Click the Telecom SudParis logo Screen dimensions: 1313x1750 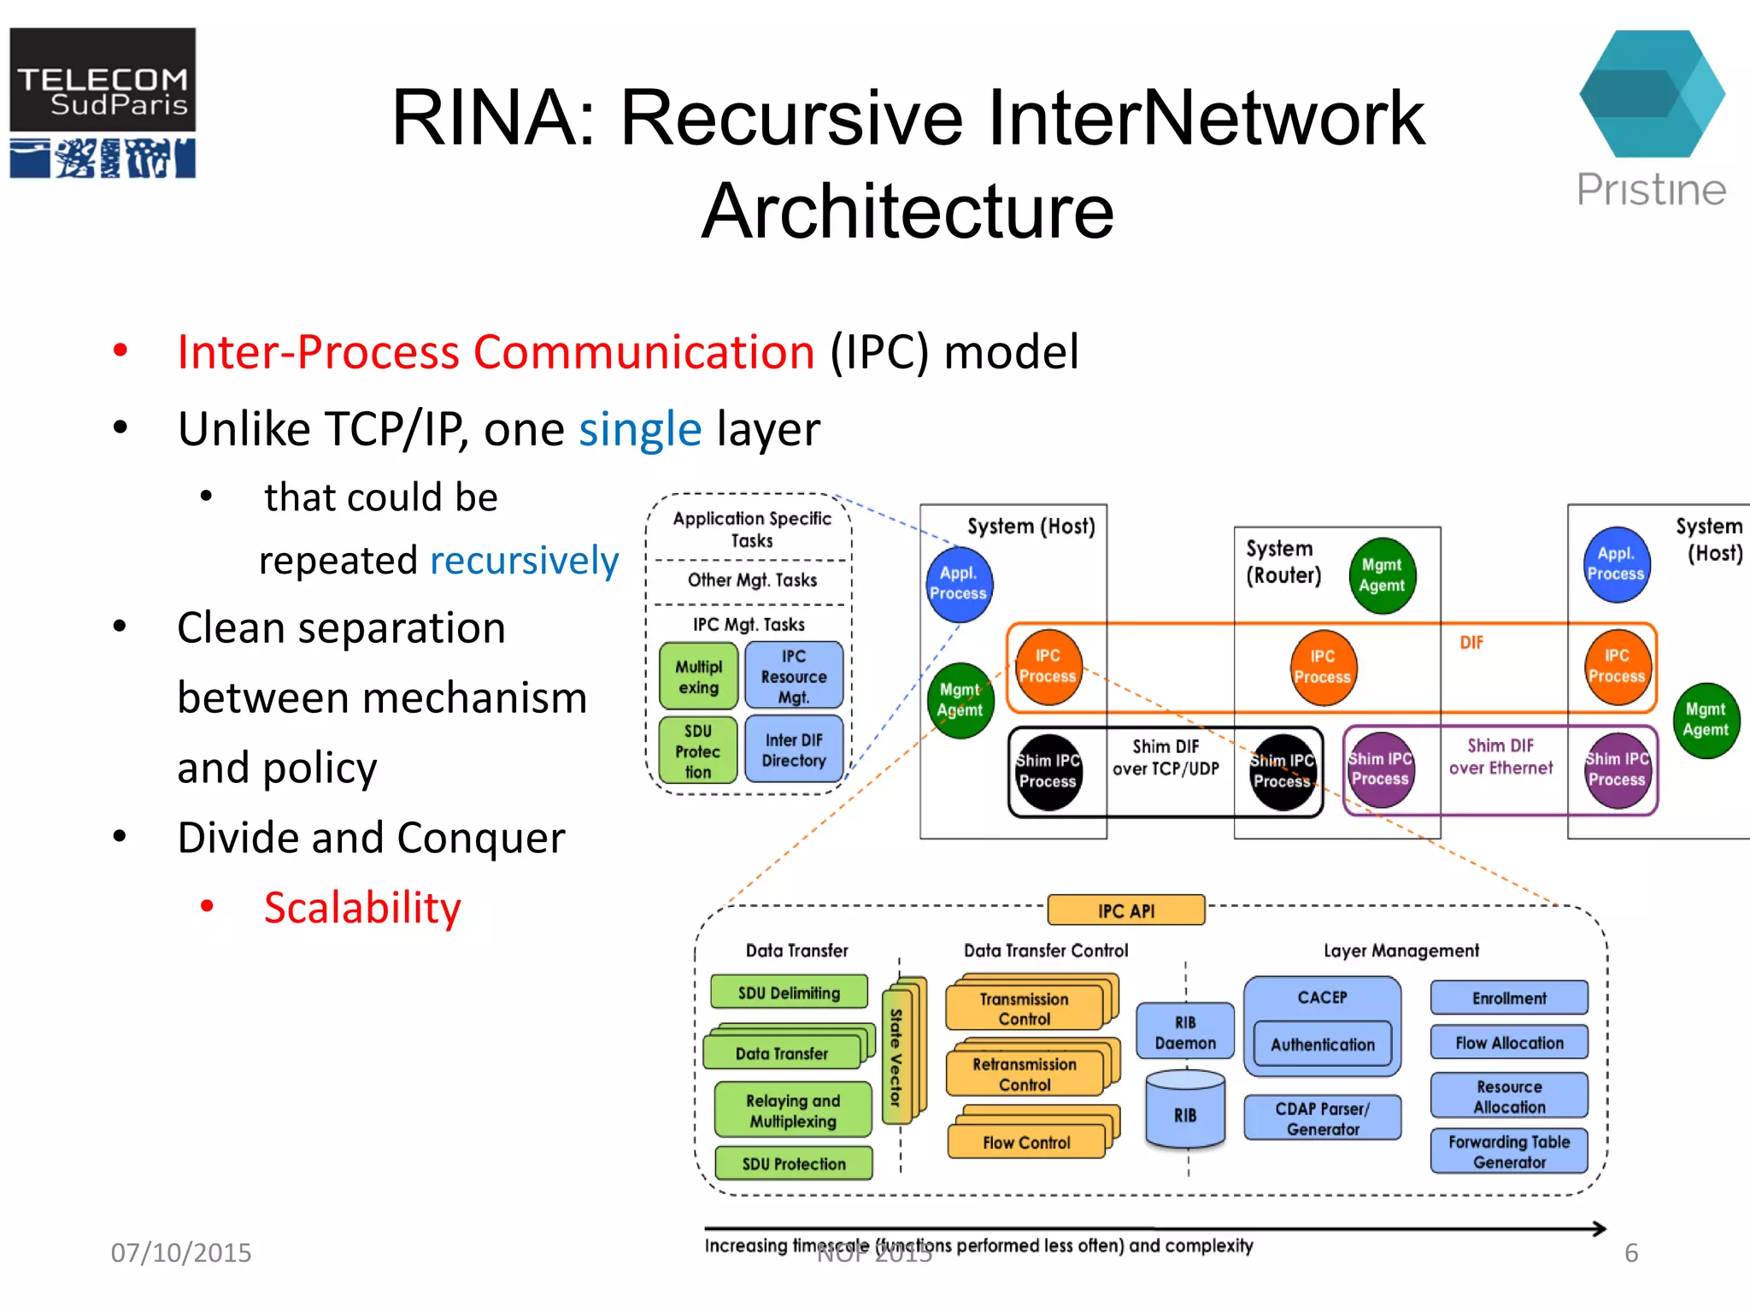[x=103, y=103]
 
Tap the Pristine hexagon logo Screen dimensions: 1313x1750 [x=1651, y=94]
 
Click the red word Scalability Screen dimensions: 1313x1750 [x=362, y=908]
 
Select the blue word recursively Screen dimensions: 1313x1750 [x=524, y=561]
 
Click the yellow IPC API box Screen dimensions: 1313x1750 [x=1125, y=910]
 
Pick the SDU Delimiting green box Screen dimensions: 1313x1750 [x=789, y=992]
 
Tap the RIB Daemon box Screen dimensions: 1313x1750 [x=1185, y=1033]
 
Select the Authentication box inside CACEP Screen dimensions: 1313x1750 [x=1322, y=1044]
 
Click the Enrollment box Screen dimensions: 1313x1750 [x=1509, y=998]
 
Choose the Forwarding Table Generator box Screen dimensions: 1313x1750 [x=1509, y=1151]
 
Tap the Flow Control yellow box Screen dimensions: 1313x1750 [x=1025, y=1143]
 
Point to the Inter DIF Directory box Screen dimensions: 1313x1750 [x=794, y=751]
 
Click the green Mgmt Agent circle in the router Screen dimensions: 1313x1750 [x=1382, y=576]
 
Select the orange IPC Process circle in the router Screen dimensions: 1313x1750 [x=1322, y=667]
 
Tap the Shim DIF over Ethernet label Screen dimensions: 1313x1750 [x=1500, y=757]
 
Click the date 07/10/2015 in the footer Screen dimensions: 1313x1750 [x=181, y=1252]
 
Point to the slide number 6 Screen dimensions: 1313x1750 [x=1631, y=1253]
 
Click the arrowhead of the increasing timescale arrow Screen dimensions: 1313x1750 [x=1600, y=1229]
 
